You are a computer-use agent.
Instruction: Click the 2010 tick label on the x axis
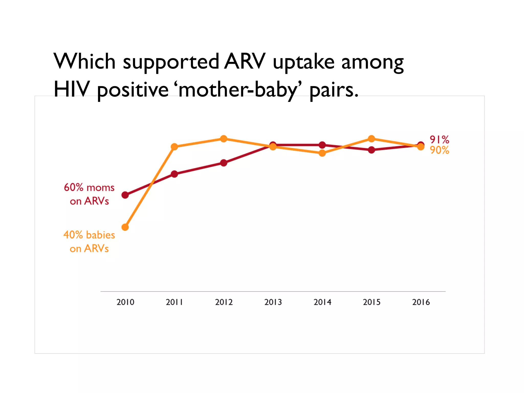(x=125, y=302)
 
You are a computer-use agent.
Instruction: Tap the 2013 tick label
(x=273, y=302)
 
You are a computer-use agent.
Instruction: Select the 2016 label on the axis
(x=421, y=302)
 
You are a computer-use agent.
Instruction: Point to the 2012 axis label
(x=224, y=302)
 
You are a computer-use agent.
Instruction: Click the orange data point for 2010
(x=125, y=227)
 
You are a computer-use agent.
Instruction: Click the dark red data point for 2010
(x=125, y=195)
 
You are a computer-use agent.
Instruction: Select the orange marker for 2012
(x=224, y=139)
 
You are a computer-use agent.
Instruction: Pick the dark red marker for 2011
(x=174, y=174)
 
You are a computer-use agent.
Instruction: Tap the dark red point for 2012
(x=224, y=163)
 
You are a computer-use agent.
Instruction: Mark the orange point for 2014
(x=322, y=153)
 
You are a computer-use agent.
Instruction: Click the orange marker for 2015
(x=372, y=139)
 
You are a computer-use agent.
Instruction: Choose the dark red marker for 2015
(x=372, y=150)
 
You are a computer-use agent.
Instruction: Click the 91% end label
(x=439, y=140)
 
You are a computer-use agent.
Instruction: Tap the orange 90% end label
(x=439, y=150)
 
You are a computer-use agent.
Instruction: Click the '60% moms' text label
(x=89, y=188)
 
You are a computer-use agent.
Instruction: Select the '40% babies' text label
(x=89, y=235)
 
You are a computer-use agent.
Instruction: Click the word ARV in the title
(x=245, y=61)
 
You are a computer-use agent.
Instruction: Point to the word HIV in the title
(x=72, y=89)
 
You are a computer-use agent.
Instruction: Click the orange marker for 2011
(x=174, y=147)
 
